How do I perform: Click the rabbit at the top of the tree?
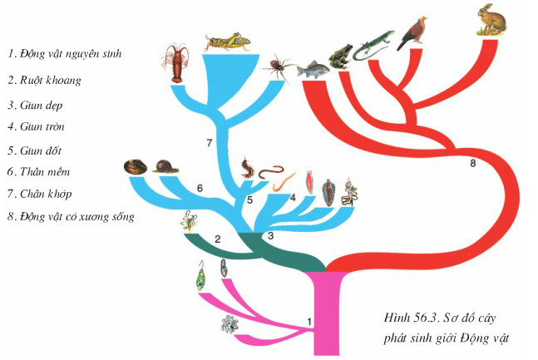(491, 19)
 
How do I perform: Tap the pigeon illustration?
(412, 33)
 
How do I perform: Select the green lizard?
(373, 45)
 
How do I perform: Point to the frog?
(341, 57)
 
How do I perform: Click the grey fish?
(313, 70)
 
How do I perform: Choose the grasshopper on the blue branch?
(229, 42)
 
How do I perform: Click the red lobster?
(175, 63)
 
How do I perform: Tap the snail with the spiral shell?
(165, 166)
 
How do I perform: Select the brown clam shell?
(136, 167)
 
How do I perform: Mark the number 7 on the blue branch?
(210, 143)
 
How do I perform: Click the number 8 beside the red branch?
(473, 163)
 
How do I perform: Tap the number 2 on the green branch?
(218, 239)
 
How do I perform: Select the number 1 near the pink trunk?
(309, 322)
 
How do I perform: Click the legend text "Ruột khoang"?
(51, 81)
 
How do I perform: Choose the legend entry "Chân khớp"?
(46, 194)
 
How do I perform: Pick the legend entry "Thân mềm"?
(45, 171)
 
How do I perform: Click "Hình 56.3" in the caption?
(412, 318)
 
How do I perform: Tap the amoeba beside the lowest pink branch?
(230, 324)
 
